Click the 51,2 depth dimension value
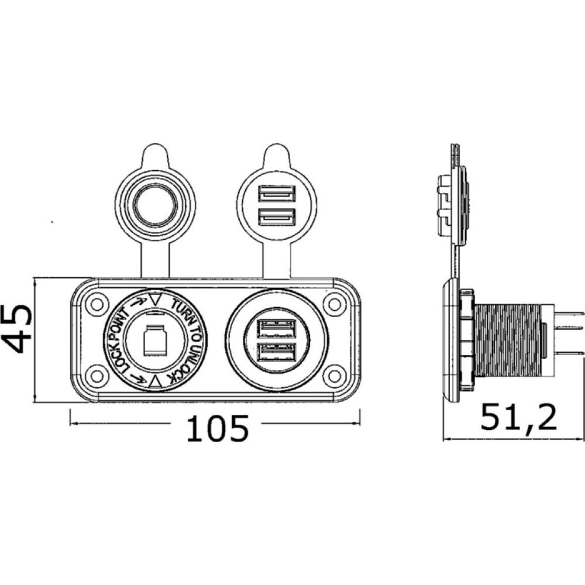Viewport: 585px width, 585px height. pos(518,418)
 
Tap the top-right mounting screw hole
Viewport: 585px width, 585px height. pos(335,304)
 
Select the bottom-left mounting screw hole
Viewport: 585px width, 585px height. pos(95,373)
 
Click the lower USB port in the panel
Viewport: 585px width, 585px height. pos(277,353)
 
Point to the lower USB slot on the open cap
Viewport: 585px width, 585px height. pos(277,218)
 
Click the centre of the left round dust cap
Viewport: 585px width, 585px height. pos(154,206)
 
